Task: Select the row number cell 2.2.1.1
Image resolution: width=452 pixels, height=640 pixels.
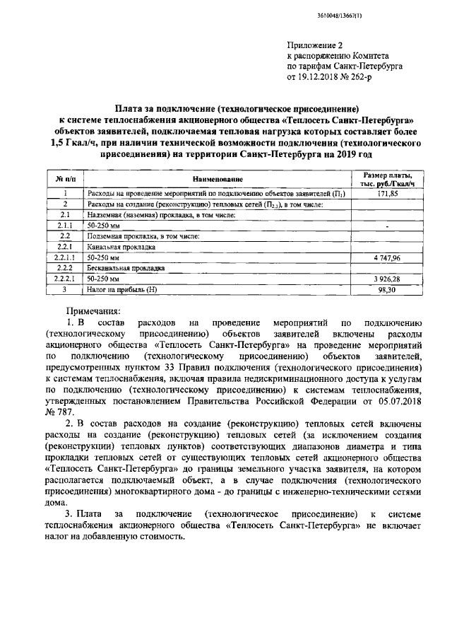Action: click(64, 258)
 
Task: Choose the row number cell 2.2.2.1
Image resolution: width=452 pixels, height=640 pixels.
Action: click(64, 279)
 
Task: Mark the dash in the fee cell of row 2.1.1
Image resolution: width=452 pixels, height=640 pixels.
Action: click(388, 226)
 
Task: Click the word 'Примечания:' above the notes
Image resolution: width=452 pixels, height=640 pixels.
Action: click(93, 310)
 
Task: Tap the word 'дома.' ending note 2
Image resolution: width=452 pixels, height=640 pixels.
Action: click(57, 504)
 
